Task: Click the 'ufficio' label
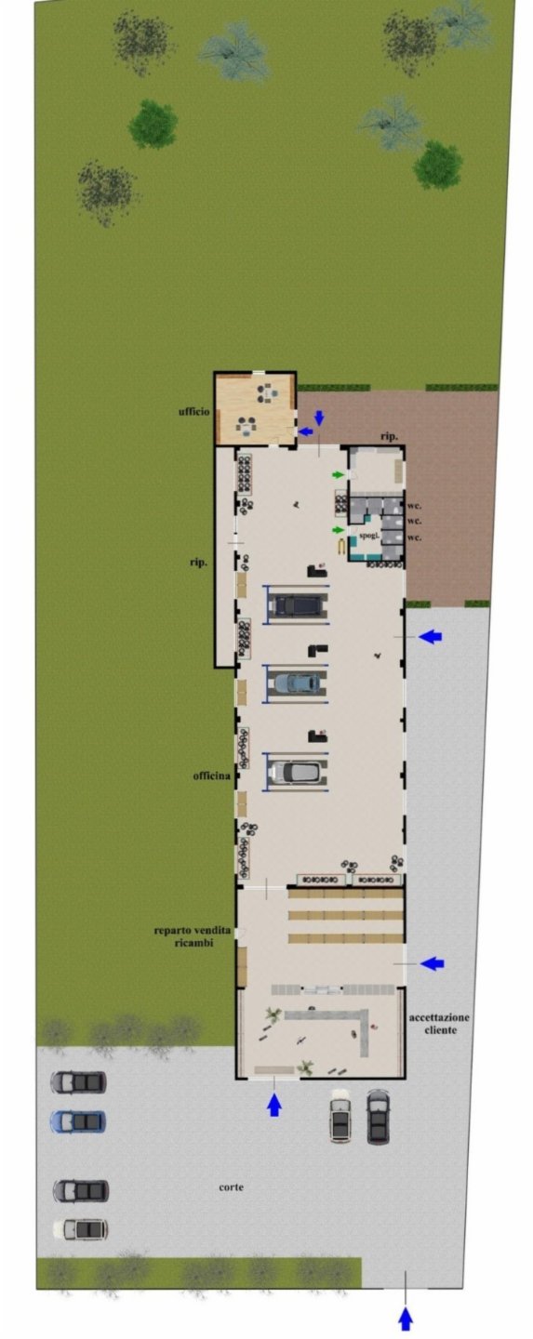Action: (x=193, y=411)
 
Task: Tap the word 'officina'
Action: (x=212, y=776)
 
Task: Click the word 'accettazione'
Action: (x=439, y=1017)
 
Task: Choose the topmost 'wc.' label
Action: (x=414, y=506)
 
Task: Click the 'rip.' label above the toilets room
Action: (x=390, y=436)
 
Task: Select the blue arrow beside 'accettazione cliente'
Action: (x=432, y=963)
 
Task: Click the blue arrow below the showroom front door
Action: (x=274, y=1104)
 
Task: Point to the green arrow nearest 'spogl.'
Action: (x=340, y=530)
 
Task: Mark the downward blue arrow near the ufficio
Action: (x=320, y=418)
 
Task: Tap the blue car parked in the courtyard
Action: (x=78, y=1121)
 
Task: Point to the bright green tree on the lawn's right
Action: (x=438, y=165)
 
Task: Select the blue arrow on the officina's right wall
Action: (x=430, y=637)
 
